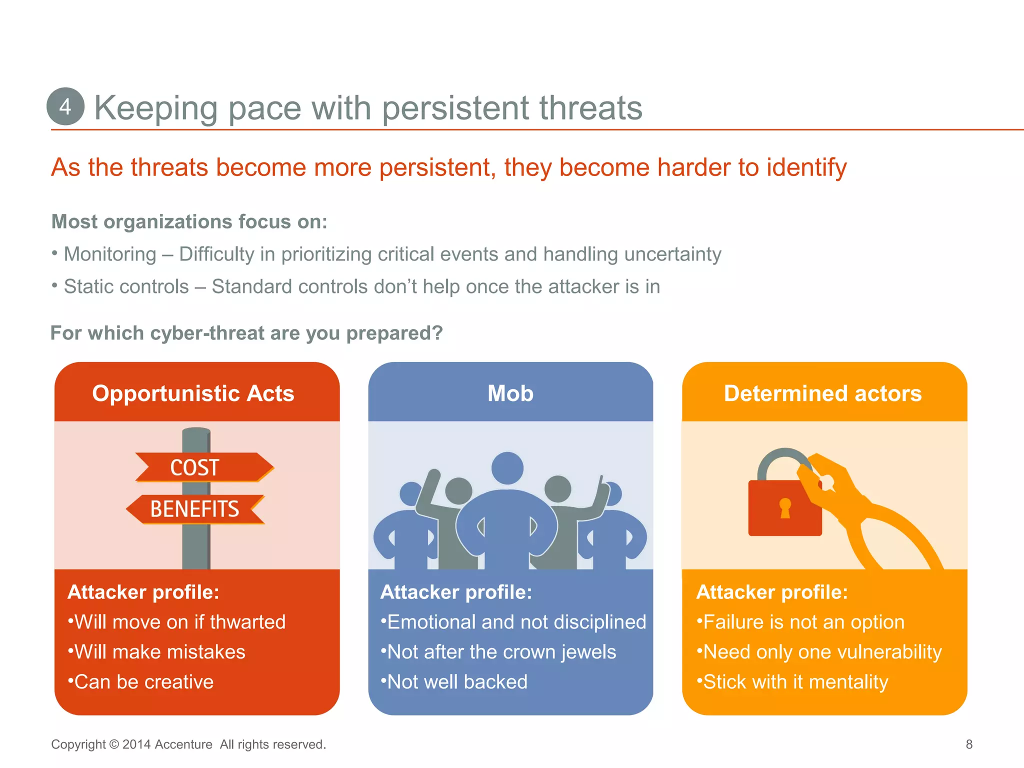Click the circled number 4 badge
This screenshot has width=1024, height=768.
[x=65, y=106]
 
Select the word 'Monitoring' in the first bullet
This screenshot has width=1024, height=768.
[x=110, y=254]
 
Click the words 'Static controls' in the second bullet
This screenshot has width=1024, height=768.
[x=126, y=287]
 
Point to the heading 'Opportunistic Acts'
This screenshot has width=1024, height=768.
[x=193, y=393]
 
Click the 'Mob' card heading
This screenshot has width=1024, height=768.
[x=510, y=393]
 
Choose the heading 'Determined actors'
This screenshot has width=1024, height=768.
[x=822, y=393]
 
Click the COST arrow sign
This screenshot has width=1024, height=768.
[x=200, y=467]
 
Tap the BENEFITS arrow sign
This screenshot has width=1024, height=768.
[x=195, y=509]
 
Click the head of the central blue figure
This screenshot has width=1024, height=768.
[x=507, y=468]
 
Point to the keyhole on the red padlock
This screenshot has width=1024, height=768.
[x=785, y=507]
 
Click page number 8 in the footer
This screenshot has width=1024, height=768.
[x=969, y=744]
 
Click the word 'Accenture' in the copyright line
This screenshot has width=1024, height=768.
[x=183, y=744]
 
